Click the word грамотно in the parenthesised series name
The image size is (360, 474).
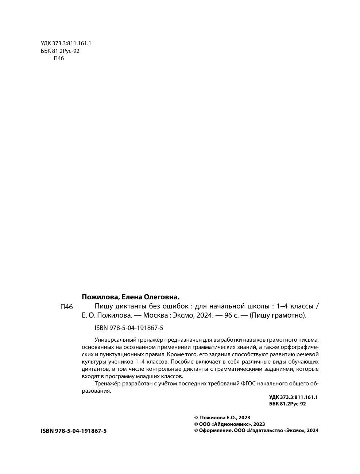click(291, 315)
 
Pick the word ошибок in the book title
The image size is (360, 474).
click(174, 306)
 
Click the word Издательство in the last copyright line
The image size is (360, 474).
click(266, 430)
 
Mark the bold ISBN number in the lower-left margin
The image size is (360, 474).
click(74, 431)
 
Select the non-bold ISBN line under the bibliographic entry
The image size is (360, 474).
click(128, 328)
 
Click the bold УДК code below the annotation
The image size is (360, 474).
click(293, 397)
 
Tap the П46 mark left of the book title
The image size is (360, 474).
click(66, 307)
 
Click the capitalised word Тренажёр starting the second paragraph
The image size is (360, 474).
click(107, 384)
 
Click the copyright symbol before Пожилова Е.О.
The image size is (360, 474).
click(196, 418)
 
